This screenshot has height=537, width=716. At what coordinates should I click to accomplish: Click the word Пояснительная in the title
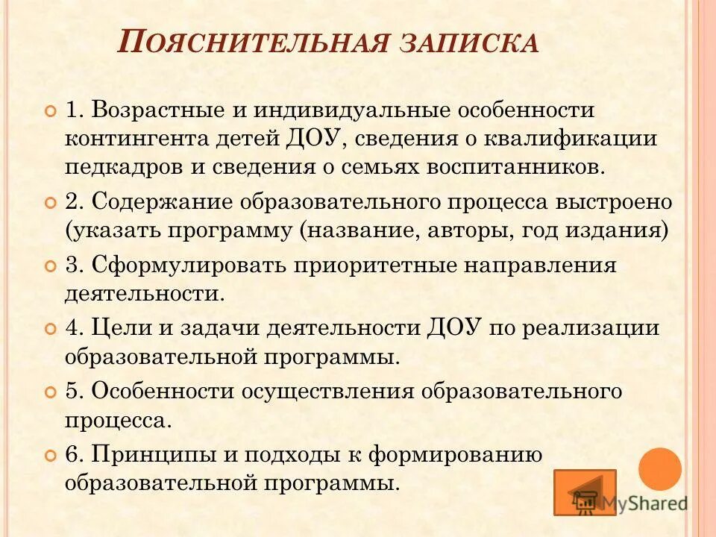[x=254, y=42]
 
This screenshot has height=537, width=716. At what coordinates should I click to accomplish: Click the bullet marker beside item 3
[x=51, y=266]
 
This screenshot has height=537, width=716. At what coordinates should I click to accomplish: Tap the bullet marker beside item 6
[x=51, y=454]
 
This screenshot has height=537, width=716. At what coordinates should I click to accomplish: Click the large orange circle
[x=659, y=469]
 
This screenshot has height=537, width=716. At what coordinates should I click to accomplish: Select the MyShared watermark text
[x=646, y=503]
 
